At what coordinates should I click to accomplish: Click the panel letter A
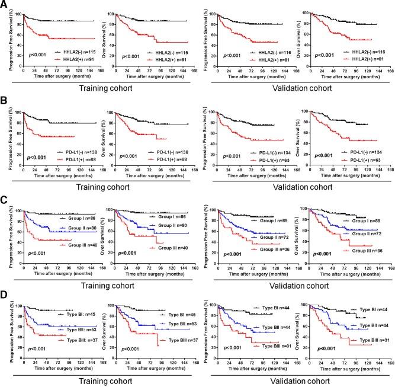[x=5, y=5]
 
